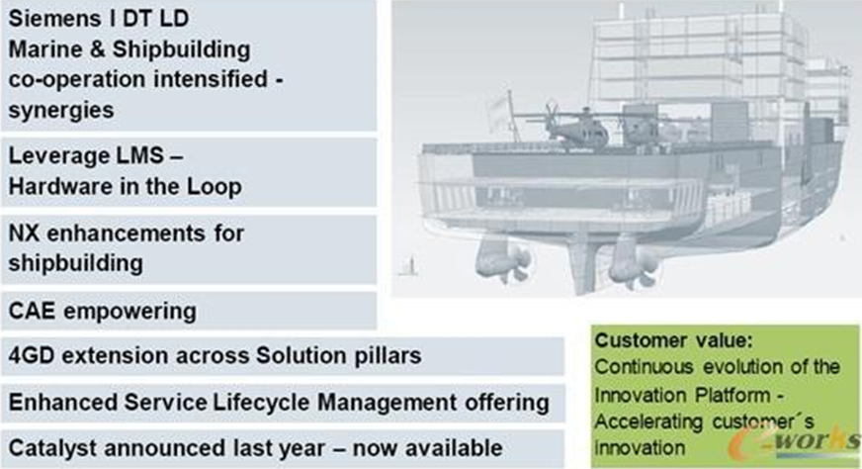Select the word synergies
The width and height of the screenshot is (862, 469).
[x=61, y=111]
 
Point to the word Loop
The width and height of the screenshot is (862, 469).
[x=215, y=187]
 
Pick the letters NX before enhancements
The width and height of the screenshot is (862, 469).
[x=24, y=234]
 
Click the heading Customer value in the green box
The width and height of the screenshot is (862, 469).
[x=673, y=340]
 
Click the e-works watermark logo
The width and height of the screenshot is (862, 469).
[x=795, y=441]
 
